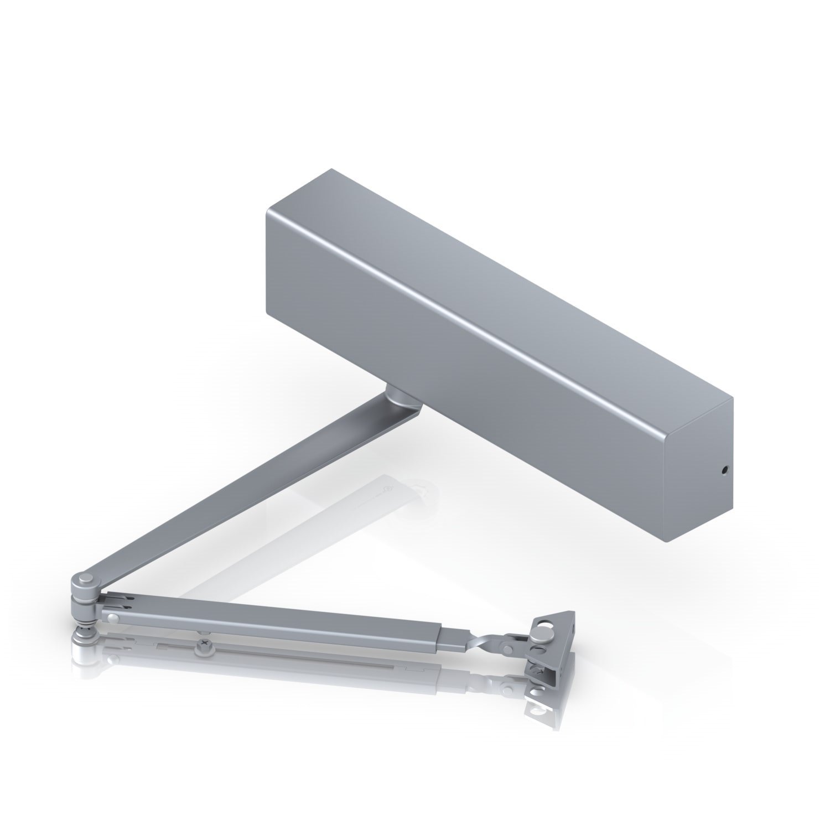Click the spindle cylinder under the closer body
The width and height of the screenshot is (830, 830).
(x=398, y=397)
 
